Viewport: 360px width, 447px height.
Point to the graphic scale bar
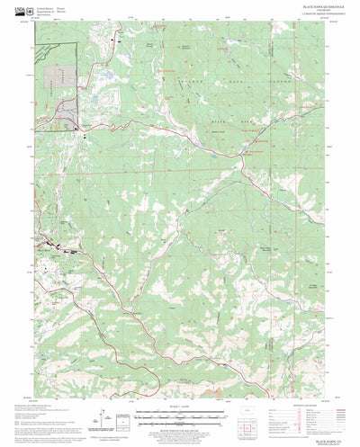(x=180, y=415)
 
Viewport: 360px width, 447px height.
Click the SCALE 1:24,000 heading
(x=180, y=407)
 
